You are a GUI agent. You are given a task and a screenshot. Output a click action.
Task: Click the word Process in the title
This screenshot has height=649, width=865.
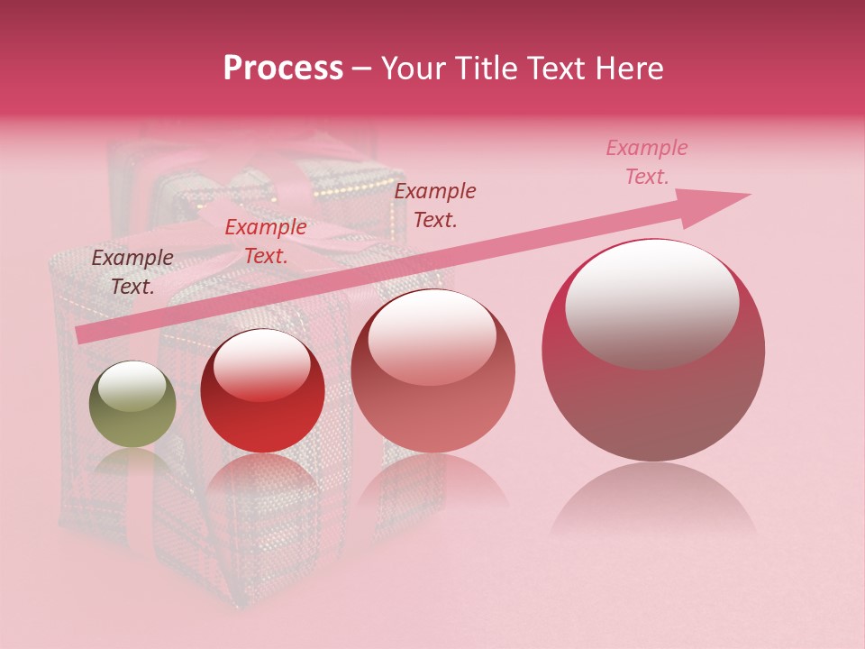coord(283,69)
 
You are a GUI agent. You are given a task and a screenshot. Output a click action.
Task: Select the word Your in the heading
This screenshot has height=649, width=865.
coord(414,69)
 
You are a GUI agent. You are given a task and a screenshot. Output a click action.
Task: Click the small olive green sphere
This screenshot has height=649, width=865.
coord(132,405)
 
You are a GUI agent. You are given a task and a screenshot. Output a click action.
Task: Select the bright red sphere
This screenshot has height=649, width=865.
coord(261,391)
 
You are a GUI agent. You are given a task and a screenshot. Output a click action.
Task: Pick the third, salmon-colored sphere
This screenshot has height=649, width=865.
coord(432,371)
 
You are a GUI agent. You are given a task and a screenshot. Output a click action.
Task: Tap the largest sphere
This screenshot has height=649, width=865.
coord(653,350)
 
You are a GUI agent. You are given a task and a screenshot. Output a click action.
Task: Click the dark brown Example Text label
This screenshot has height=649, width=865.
coord(132,272)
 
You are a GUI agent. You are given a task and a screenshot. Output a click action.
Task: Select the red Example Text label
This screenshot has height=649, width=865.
coord(266,242)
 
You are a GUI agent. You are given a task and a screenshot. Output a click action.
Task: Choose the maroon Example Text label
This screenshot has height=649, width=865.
coord(435,206)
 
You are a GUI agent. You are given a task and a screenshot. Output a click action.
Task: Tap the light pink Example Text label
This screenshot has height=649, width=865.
coord(647,162)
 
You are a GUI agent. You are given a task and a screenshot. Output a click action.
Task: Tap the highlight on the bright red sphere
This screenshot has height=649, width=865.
coord(262,364)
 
